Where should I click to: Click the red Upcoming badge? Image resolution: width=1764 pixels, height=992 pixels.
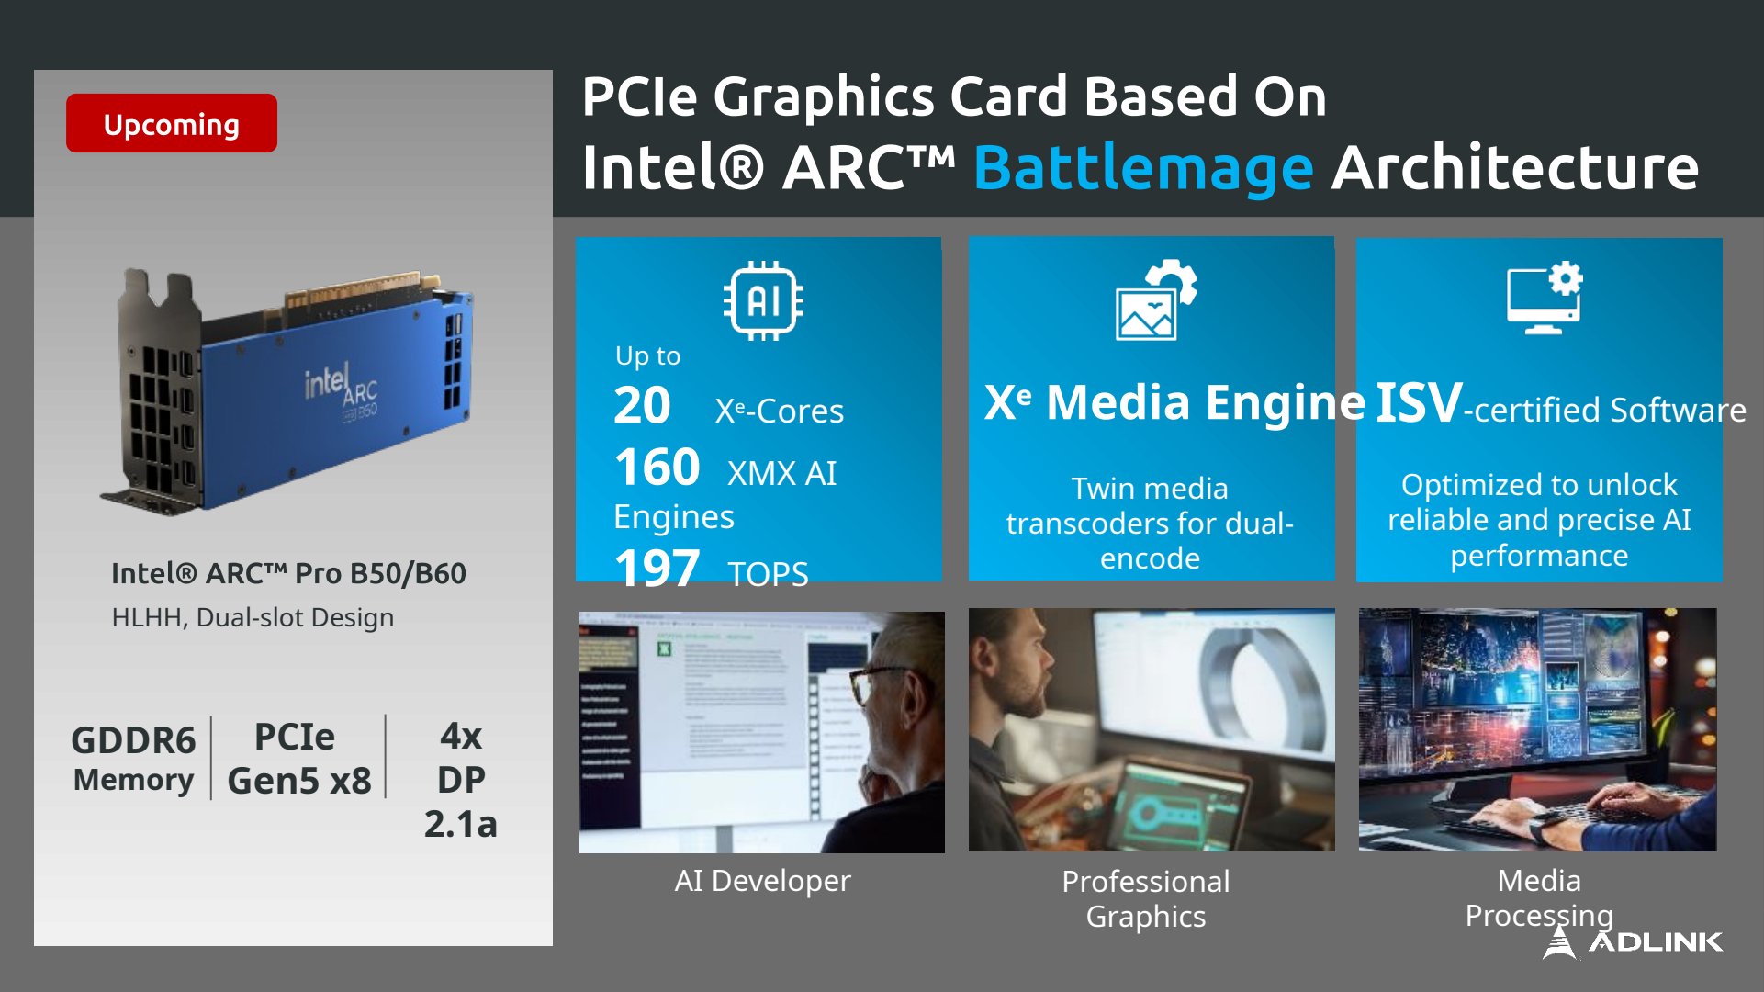pyautogui.click(x=172, y=123)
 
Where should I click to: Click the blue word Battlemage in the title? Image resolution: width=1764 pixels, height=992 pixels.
pyautogui.click(x=1143, y=170)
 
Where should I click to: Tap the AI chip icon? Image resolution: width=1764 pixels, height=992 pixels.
pyautogui.click(x=763, y=300)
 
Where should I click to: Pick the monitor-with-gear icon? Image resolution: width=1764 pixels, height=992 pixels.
pyautogui.click(x=1545, y=298)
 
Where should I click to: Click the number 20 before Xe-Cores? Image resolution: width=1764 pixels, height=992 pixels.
pyautogui.click(x=643, y=406)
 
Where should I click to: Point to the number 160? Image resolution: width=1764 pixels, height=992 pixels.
pyautogui.click(x=657, y=468)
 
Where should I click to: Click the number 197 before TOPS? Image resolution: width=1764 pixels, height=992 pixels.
pyautogui.click(x=657, y=569)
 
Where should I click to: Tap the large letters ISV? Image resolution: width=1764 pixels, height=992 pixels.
pyautogui.click(x=1419, y=402)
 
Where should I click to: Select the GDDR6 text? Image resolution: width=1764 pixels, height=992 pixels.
pyautogui.click(x=134, y=740)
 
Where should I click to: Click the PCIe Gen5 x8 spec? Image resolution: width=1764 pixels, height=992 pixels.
pyautogui.click(x=299, y=759)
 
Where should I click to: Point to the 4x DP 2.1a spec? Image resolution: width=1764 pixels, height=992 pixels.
pyautogui.click(x=461, y=780)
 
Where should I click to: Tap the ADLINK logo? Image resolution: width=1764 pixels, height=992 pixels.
pyautogui.click(x=1633, y=941)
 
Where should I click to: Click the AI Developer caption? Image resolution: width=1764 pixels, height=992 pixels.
pyautogui.click(x=762, y=881)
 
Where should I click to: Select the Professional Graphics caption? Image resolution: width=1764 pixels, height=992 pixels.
pyautogui.click(x=1146, y=898)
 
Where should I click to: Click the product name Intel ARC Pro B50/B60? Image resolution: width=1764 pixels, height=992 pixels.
pyautogui.click(x=288, y=573)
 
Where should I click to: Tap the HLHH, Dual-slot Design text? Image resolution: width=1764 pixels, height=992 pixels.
pyautogui.click(x=253, y=617)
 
